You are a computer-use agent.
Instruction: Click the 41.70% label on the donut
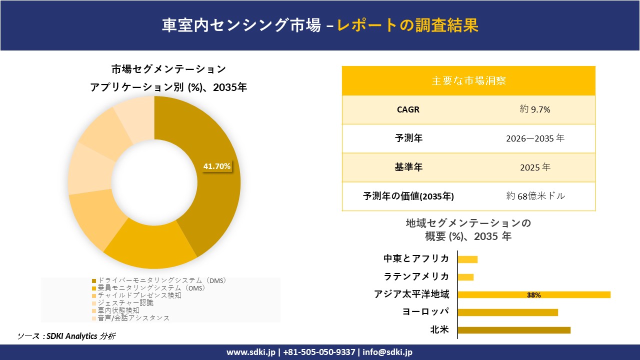click(217, 166)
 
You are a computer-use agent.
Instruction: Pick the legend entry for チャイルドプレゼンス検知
click(139, 295)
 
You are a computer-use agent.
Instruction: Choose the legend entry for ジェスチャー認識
click(125, 303)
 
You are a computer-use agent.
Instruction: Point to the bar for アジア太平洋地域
click(533, 294)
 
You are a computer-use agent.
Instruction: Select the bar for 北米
click(514, 330)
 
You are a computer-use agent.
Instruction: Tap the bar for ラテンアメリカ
click(465, 277)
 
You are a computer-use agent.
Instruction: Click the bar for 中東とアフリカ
click(467, 259)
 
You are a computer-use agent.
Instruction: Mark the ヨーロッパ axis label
click(425, 312)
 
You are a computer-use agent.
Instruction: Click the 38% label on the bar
click(533, 295)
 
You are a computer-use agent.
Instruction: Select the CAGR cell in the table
click(408, 109)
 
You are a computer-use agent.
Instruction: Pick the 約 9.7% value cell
click(535, 109)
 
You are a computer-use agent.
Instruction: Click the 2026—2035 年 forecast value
click(535, 138)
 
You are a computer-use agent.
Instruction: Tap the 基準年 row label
click(408, 167)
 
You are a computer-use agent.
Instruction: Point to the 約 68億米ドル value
click(535, 196)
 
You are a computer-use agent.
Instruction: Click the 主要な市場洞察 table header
click(468, 80)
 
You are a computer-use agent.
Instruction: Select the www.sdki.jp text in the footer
click(250, 352)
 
